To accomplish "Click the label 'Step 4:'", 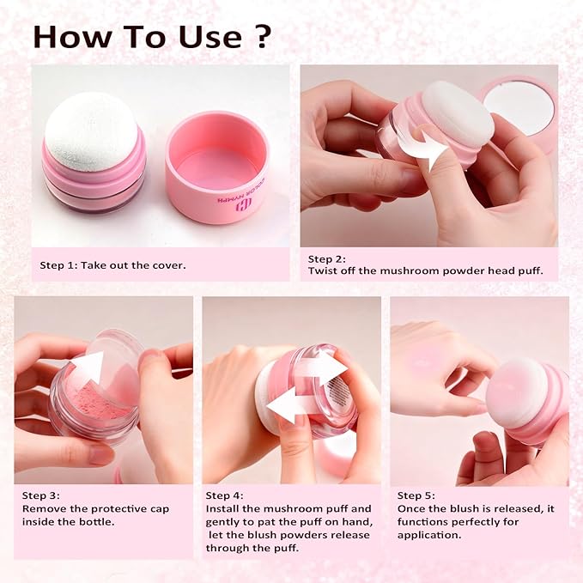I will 223,495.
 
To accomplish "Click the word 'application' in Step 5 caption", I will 426,534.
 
